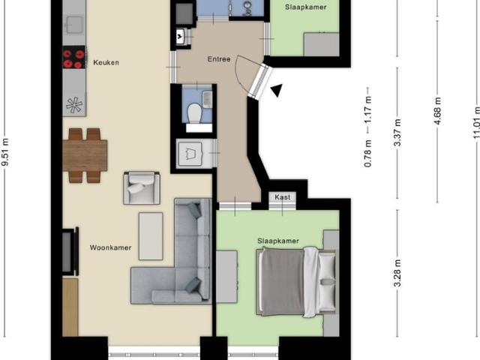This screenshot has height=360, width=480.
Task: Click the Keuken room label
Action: point(106,62)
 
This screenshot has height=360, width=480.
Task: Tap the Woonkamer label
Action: point(110,247)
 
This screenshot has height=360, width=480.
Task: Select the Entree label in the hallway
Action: point(219,59)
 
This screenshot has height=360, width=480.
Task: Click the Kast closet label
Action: point(282,197)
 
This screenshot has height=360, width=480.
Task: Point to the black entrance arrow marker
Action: point(277,90)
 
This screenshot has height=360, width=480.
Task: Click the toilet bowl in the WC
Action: point(194,113)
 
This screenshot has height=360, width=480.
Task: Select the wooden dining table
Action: point(85,155)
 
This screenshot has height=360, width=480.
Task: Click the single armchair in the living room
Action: point(142,188)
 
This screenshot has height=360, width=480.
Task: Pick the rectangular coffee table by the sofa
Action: point(151,236)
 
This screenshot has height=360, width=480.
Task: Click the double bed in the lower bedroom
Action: point(295,282)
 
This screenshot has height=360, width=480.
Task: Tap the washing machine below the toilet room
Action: point(190,153)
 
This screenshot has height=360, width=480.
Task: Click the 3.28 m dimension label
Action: point(397,273)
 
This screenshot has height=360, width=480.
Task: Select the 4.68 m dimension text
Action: point(438,111)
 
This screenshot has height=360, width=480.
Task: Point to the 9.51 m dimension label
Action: point(5,152)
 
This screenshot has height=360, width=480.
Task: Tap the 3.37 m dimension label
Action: point(397,133)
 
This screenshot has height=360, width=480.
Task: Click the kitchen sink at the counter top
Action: point(74,25)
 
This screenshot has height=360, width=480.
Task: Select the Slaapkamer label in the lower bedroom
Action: point(278,241)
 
